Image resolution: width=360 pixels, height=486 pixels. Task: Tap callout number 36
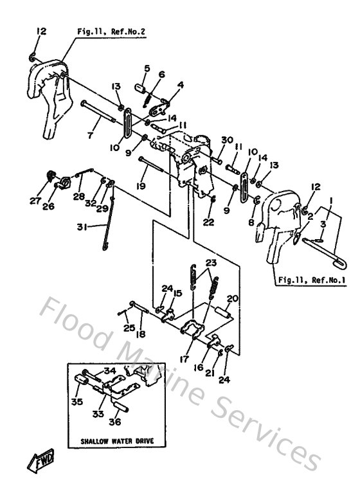[x=115, y=422]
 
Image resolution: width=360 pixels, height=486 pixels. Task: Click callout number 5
[x=147, y=68]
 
